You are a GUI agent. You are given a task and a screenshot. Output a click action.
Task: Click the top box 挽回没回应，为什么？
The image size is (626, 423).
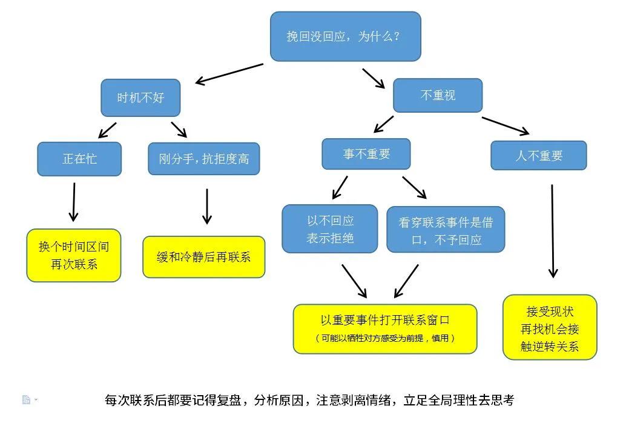345,36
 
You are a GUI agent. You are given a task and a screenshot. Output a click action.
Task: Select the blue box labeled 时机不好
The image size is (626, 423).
140,98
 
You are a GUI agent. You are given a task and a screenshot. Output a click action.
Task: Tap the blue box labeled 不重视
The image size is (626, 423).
438,95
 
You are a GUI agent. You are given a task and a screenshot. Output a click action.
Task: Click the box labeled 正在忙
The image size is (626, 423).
79,159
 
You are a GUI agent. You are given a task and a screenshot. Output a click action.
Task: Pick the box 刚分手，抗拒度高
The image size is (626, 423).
203,159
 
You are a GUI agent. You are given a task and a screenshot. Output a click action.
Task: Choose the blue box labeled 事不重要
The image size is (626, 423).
366,154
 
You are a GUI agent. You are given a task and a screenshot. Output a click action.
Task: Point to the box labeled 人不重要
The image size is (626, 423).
538,156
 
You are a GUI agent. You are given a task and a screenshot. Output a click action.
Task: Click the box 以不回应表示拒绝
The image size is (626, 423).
330,229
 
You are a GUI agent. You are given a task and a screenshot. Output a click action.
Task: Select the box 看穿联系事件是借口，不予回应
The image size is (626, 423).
446,230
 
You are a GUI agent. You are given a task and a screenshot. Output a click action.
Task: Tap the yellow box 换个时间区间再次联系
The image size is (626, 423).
74,255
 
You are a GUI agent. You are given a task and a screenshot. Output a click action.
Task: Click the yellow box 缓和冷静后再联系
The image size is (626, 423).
203,257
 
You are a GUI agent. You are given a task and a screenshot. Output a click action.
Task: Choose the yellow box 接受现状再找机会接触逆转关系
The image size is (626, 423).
550,328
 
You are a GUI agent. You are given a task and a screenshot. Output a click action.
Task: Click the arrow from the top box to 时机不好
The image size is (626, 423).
229,73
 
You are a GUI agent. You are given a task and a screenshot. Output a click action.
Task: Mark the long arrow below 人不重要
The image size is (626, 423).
552,230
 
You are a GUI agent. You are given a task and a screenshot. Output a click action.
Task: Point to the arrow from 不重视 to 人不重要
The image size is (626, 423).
506,125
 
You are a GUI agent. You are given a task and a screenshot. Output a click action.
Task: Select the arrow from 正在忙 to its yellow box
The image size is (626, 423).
74,202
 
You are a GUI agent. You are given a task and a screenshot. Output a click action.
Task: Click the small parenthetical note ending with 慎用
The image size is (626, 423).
385,338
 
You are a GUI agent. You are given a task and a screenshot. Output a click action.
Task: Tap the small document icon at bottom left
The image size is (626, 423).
26,399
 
